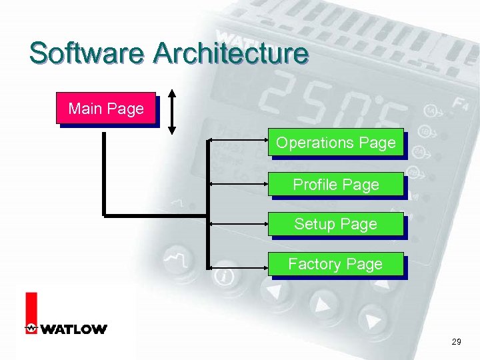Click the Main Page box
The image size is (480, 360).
point(106,108)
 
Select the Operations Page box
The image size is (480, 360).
point(336,143)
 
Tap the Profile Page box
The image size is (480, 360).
point(336,185)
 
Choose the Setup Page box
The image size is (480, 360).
point(336,224)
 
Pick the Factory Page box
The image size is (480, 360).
point(335,264)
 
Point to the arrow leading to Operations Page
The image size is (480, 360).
point(238,141)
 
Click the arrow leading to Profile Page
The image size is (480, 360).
point(238,184)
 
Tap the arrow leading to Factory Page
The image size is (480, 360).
point(238,267)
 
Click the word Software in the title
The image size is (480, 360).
point(86,53)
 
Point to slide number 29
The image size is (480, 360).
point(456,342)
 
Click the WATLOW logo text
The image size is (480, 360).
point(74,329)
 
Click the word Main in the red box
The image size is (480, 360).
point(84,108)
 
